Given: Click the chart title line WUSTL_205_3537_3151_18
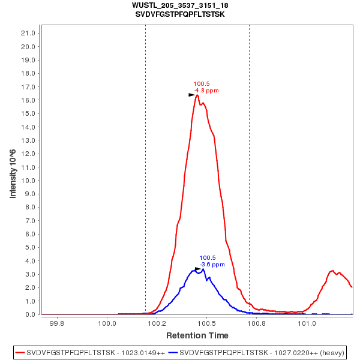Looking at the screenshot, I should point(180,5).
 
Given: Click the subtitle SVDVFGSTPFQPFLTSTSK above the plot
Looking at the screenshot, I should point(180,14).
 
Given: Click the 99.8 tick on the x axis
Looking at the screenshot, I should point(57,324).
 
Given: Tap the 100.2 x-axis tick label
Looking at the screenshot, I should point(157,324).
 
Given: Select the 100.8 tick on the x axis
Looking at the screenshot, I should point(257,324).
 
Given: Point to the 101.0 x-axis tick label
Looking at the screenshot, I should point(307,324).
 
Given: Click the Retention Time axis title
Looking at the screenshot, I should point(197,335).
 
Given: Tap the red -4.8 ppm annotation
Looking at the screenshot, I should point(206,91).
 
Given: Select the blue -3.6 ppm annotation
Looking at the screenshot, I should point(212,265).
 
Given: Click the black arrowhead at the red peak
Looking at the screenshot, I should point(192,95).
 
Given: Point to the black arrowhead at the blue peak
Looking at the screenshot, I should point(198,269).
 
